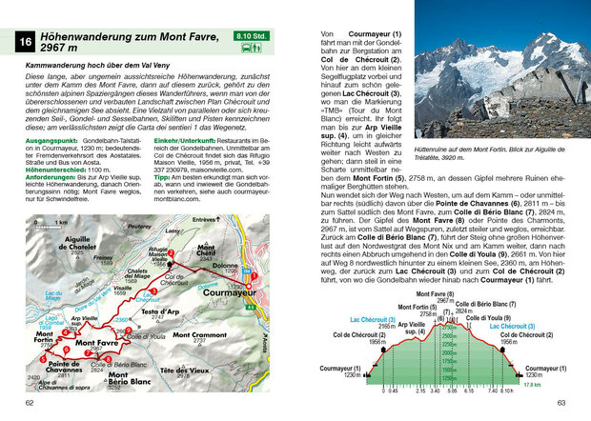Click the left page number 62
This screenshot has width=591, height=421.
click(30, 404)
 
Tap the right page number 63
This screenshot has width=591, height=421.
click(560, 404)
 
